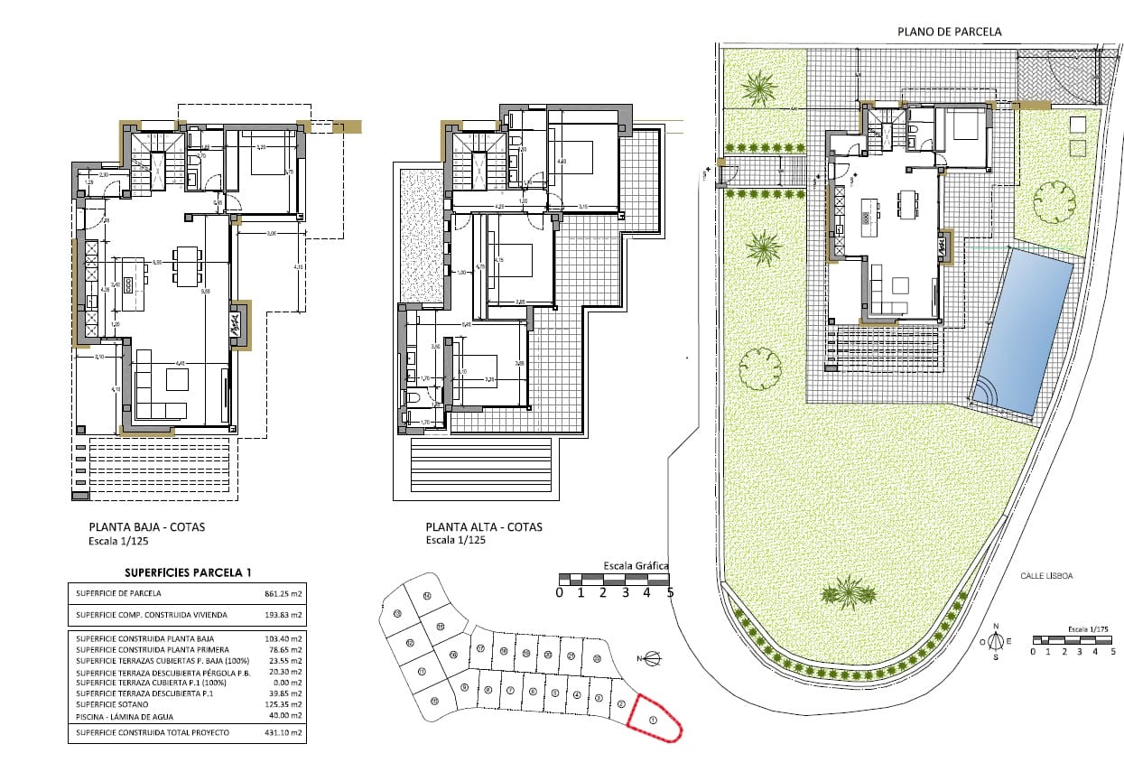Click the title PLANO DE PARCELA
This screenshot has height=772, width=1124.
coord(949,32)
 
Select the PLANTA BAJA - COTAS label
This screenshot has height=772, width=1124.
coord(146,527)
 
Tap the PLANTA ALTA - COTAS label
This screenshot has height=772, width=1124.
coord(484,527)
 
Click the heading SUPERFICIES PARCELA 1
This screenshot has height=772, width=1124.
coord(187,572)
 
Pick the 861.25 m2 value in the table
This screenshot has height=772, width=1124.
coord(282,594)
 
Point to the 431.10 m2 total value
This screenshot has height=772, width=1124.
coord(282,732)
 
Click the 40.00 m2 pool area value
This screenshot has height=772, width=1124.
coord(283,715)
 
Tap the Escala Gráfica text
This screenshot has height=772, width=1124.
coord(636,566)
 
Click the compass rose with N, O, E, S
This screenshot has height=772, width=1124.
coord(995,642)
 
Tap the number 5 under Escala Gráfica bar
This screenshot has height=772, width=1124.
coord(670,593)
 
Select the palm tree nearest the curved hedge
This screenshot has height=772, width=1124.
coord(849,591)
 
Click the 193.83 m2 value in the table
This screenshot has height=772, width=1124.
coord(282,615)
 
